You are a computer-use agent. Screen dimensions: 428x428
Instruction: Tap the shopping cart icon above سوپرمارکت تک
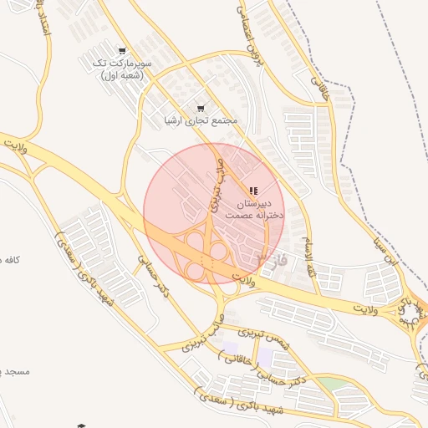123,52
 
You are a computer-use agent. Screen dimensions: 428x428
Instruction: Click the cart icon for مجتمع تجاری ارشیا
200,108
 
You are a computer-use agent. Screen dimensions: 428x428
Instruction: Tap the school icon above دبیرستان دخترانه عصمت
253,191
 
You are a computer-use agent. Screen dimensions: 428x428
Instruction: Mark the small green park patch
333,384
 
